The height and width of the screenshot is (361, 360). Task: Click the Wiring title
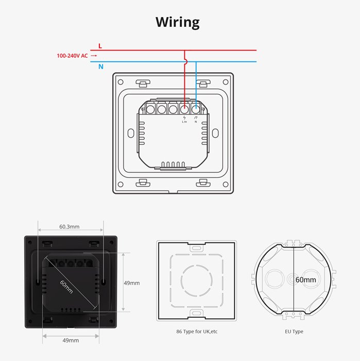[x=178, y=22]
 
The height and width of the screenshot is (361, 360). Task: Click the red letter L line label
[x=100, y=46]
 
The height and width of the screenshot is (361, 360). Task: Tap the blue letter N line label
[x=100, y=67]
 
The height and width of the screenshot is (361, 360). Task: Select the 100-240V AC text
[x=72, y=56]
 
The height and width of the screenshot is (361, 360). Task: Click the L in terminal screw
[x=184, y=109]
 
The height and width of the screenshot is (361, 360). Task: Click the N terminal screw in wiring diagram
[x=196, y=109]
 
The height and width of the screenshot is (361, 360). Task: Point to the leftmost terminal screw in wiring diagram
[x=150, y=109]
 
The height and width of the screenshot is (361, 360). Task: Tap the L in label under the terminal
[x=184, y=122]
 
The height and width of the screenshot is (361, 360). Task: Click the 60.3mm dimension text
[x=70, y=226]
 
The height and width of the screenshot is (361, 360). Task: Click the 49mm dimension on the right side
[x=131, y=283]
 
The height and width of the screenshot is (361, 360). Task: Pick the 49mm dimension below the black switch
[x=71, y=340]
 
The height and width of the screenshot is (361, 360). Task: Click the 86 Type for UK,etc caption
[x=196, y=331]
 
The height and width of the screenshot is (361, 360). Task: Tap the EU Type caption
[x=294, y=331]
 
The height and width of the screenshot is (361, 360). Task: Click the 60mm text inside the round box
[x=305, y=280]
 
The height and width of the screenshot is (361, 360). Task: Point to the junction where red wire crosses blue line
[x=184, y=62]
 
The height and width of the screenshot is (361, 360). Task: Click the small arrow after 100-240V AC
[x=94, y=56]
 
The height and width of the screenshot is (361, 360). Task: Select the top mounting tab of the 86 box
[x=196, y=249]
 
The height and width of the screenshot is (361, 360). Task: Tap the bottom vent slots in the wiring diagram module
[x=173, y=165]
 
